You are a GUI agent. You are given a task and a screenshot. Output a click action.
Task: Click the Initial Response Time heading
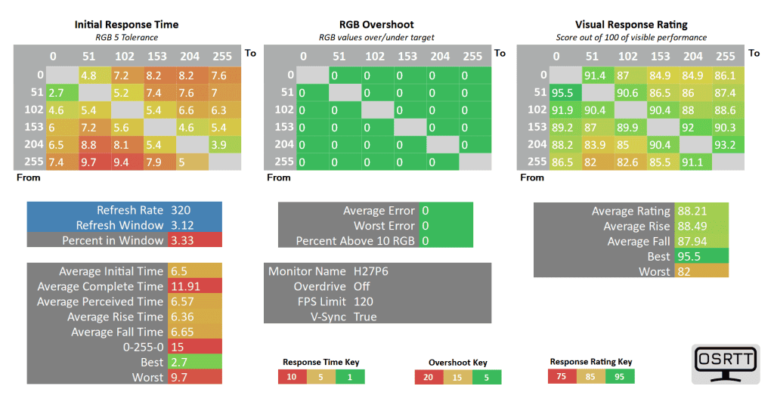pos(125,24)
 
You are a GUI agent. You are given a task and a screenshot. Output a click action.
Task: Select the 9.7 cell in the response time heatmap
pos(88,162)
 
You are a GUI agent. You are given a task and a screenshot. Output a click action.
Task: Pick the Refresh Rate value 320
pos(181,210)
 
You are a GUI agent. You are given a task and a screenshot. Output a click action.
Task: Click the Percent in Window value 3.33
pos(182,240)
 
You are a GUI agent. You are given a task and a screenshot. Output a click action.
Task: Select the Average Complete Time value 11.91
pos(184,286)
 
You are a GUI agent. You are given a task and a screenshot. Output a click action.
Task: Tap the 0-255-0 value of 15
pos(178,347)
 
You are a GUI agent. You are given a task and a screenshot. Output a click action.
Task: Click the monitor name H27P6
pos(371,271)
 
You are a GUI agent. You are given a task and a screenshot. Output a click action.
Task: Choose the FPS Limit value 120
pos(364,301)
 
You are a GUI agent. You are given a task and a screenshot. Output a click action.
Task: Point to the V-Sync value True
pos(365,317)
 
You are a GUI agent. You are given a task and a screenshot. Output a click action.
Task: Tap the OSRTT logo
pos(726,364)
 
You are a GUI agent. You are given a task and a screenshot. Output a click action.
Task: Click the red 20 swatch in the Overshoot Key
pos(429,377)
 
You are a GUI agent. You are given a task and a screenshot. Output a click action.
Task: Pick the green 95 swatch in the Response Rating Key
pos(620,376)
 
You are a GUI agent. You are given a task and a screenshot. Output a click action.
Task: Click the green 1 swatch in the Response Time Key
pos(350,377)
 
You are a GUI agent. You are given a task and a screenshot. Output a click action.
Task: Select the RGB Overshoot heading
pos(376,24)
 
